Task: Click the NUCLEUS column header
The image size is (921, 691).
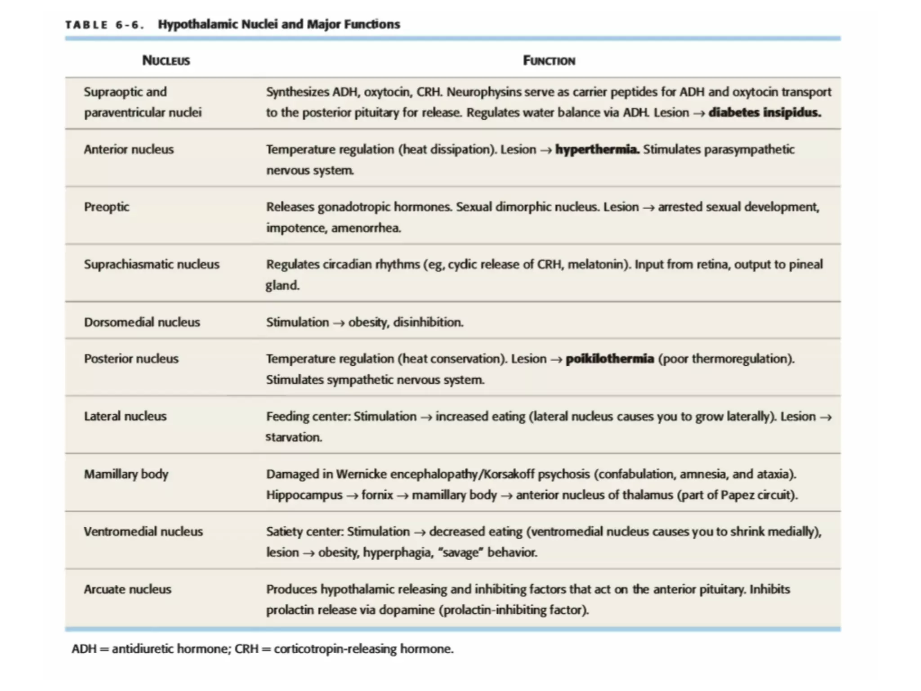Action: (166, 60)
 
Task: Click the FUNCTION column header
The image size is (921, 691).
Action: (549, 60)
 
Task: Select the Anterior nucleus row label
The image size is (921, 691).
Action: (129, 149)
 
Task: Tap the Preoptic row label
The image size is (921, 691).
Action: (107, 207)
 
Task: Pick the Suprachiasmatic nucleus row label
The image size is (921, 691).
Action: (152, 264)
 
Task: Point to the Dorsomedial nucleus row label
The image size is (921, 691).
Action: (142, 322)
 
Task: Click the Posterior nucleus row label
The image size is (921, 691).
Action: (131, 359)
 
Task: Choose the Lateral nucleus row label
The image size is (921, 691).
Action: (125, 416)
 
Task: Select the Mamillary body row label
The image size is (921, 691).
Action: (126, 474)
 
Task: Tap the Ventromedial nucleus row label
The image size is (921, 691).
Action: (143, 531)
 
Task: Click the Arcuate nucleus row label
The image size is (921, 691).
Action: (127, 589)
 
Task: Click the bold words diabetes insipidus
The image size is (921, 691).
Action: (765, 112)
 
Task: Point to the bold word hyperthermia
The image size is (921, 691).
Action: (597, 149)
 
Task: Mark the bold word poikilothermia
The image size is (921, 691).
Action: (609, 359)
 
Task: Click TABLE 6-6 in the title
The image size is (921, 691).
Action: (104, 25)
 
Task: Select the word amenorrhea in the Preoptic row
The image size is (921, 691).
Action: (366, 228)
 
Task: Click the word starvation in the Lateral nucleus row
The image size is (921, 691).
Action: (293, 437)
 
